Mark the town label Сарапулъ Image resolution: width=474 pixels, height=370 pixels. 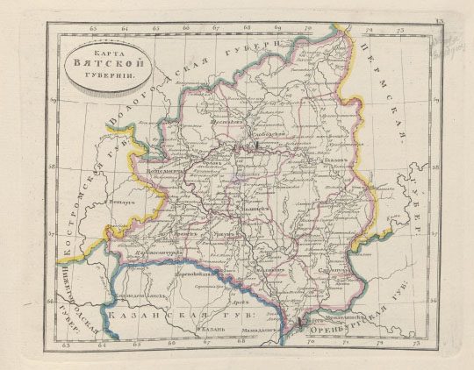332,272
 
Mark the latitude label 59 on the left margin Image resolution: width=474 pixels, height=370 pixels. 54,102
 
